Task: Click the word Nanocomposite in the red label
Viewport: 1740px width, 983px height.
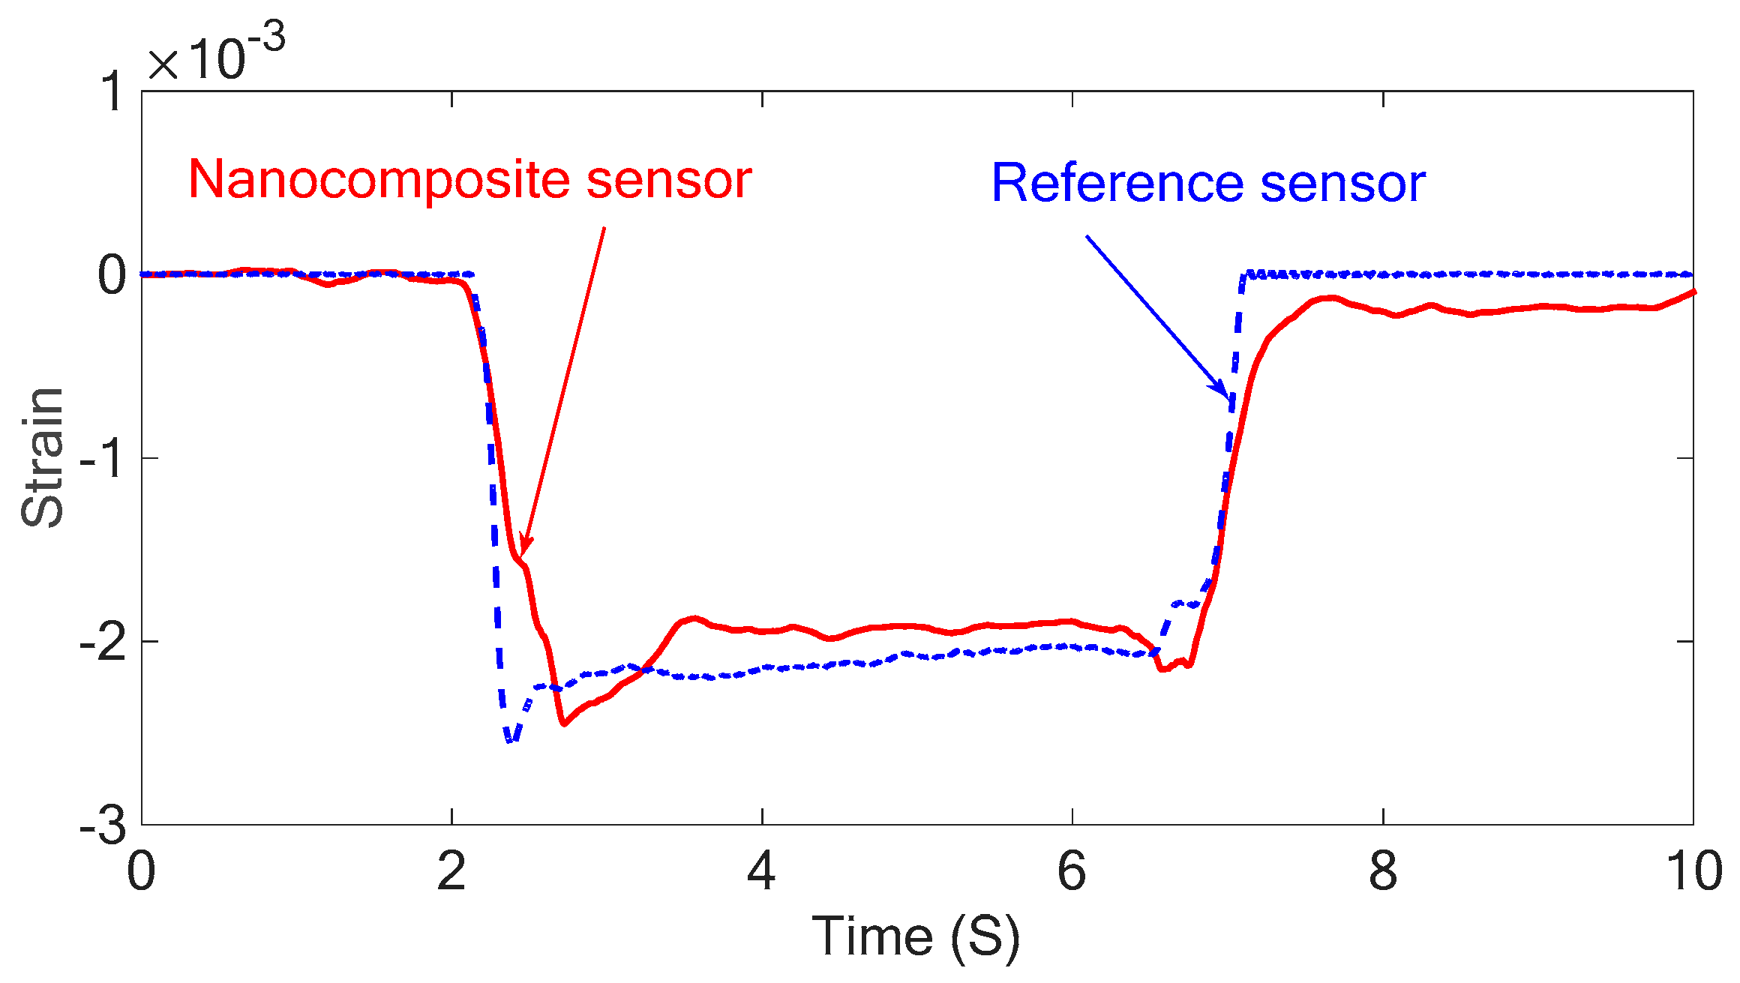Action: coord(379,179)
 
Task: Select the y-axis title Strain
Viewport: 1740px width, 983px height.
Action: coord(43,457)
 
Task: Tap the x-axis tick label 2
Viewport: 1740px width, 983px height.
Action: coord(451,872)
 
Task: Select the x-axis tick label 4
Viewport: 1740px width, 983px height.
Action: coord(762,872)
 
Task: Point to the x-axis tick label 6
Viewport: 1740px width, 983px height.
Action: coord(1072,872)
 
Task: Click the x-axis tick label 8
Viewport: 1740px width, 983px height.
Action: coord(1383,872)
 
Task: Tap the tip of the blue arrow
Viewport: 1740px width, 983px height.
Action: coord(1228,398)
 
